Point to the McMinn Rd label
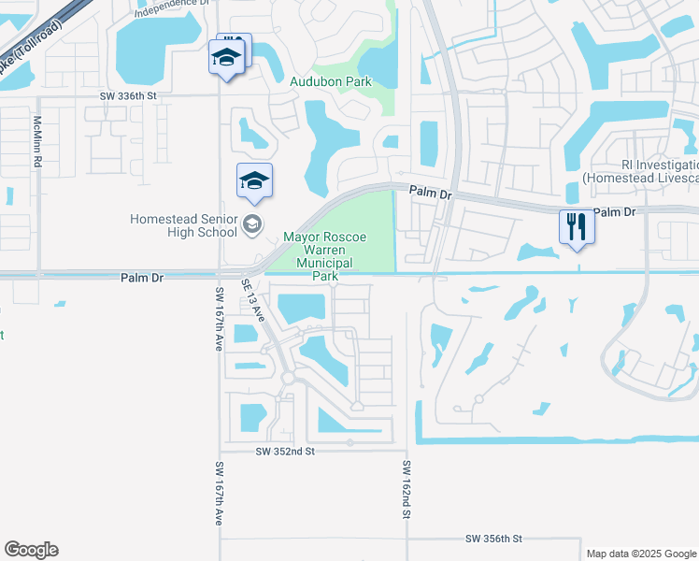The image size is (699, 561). coord(38,142)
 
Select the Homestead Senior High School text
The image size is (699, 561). coord(183,225)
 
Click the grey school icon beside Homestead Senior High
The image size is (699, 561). coord(251,223)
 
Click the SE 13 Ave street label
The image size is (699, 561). coord(253,300)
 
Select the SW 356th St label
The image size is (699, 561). coord(492,539)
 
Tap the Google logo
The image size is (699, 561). coord(31,550)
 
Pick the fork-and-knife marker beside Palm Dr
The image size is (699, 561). coord(577,225)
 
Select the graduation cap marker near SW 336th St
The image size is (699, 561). coord(225,59)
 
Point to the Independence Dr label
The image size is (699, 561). coord(170,8)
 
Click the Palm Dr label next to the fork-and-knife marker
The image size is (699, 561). coord(614,212)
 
